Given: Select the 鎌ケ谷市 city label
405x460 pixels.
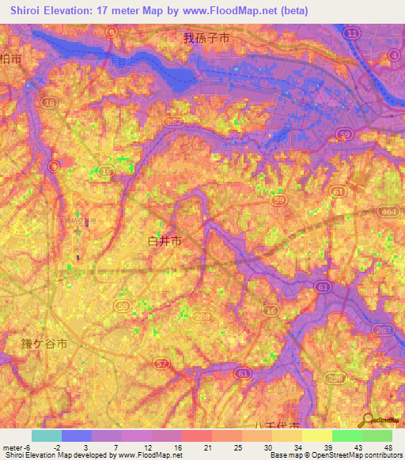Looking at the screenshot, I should pyautogui.click(x=44, y=344).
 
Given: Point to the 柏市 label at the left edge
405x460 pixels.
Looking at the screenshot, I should pyautogui.click(x=10, y=58).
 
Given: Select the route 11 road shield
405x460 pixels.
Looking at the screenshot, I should pyautogui.click(x=352, y=32).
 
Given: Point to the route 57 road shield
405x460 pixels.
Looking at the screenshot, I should pyautogui.click(x=162, y=364).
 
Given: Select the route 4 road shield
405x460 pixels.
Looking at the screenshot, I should pyautogui.click(x=394, y=55).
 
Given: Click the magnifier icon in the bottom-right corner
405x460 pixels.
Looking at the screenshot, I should pyautogui.click(x=369, y=422).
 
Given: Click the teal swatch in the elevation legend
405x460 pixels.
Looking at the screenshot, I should pyautogui.click(x=47, y=435).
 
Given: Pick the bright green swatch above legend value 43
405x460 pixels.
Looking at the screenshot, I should pyautogui.click(x=346, y=435).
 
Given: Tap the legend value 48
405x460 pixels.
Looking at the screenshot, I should pyautogui.click(x=387, y=447).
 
